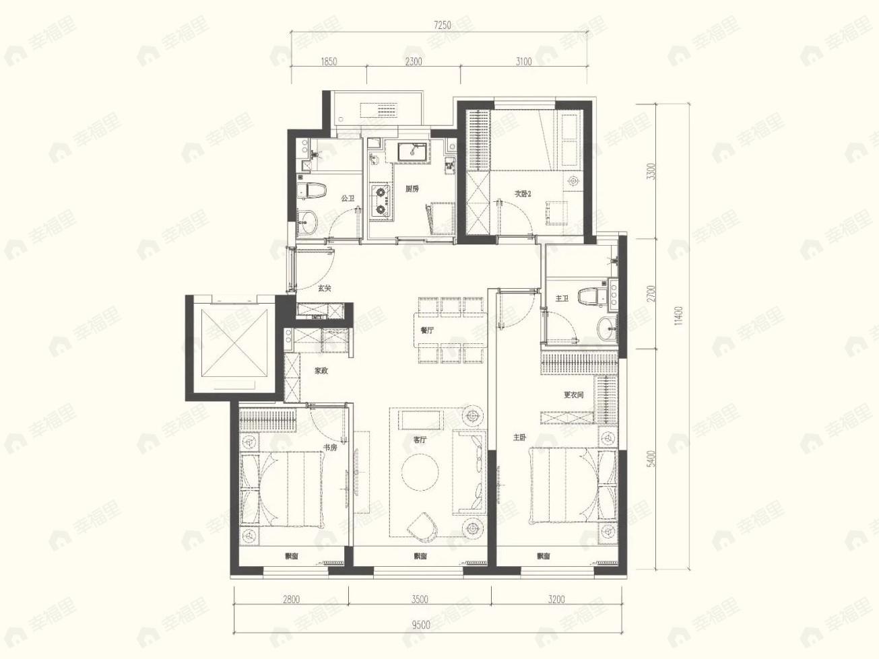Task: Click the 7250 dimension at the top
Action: point(442,26)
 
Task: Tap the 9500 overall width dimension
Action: point(420,624)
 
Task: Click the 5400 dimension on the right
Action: point(650,459)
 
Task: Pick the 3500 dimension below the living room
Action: point(419,599)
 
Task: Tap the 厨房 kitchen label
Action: point(412,189)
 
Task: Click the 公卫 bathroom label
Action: point(348,199)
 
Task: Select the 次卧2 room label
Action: point(523,194)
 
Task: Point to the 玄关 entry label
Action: point(325,288)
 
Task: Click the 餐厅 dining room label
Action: point(427,331)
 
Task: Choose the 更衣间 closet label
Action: point(573,395)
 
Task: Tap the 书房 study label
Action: point(329,447)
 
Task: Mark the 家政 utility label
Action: point(321,371)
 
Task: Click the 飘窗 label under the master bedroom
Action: point(544,556)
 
